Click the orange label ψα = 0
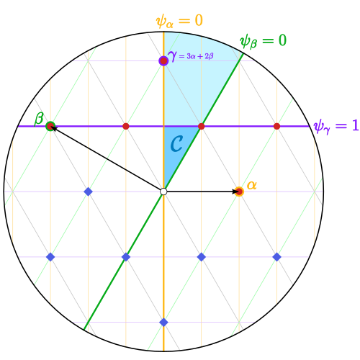[x=179, y=21]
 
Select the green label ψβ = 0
[x=264, y=41]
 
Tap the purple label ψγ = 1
[x=336, y=126]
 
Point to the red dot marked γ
[x=163, y=60]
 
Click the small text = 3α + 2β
[x=196, y=56]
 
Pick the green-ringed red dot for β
[x=50, y=126]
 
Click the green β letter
[x=39, y=119]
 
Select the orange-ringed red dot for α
[x=239, y=192]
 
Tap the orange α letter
[x=252, y=185]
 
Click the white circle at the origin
[x=163, y=192]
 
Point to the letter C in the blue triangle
[x=176, y=144]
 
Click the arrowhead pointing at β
[x=54, y=128]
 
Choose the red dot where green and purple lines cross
[x=202, y=126]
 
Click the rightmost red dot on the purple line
[x=276, y=126]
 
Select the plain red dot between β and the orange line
[x=126, y=126]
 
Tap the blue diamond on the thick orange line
[x=163, y=323]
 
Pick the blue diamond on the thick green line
[x=126, y=257]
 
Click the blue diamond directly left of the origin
[x=89, y=192]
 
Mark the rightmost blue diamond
[x=276, y=257]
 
